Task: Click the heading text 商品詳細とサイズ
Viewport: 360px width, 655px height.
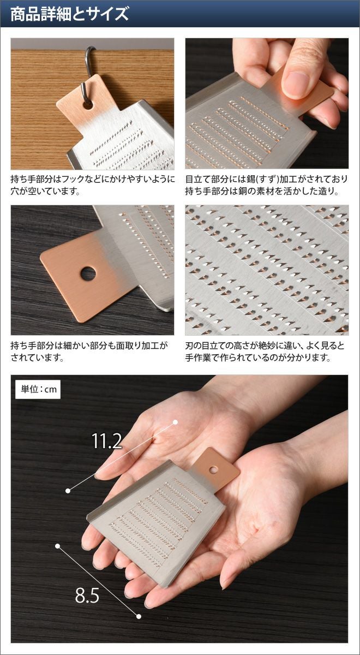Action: coord(69,14)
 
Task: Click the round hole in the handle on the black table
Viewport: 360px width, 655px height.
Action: coord(88,273)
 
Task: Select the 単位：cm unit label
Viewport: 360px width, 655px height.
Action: coord(38,390)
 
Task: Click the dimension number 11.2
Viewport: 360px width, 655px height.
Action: coord(107,441)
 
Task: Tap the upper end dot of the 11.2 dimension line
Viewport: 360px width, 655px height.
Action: coord(175,422)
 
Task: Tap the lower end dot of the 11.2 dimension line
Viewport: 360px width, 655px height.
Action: coord(68,491)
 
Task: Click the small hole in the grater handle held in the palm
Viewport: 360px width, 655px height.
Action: coord(214,469)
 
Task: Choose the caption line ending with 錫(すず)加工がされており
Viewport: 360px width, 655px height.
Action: coord(266,179)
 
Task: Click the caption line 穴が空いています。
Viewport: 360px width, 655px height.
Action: coord(45,191)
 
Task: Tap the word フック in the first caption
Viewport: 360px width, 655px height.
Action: coord(71,179)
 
